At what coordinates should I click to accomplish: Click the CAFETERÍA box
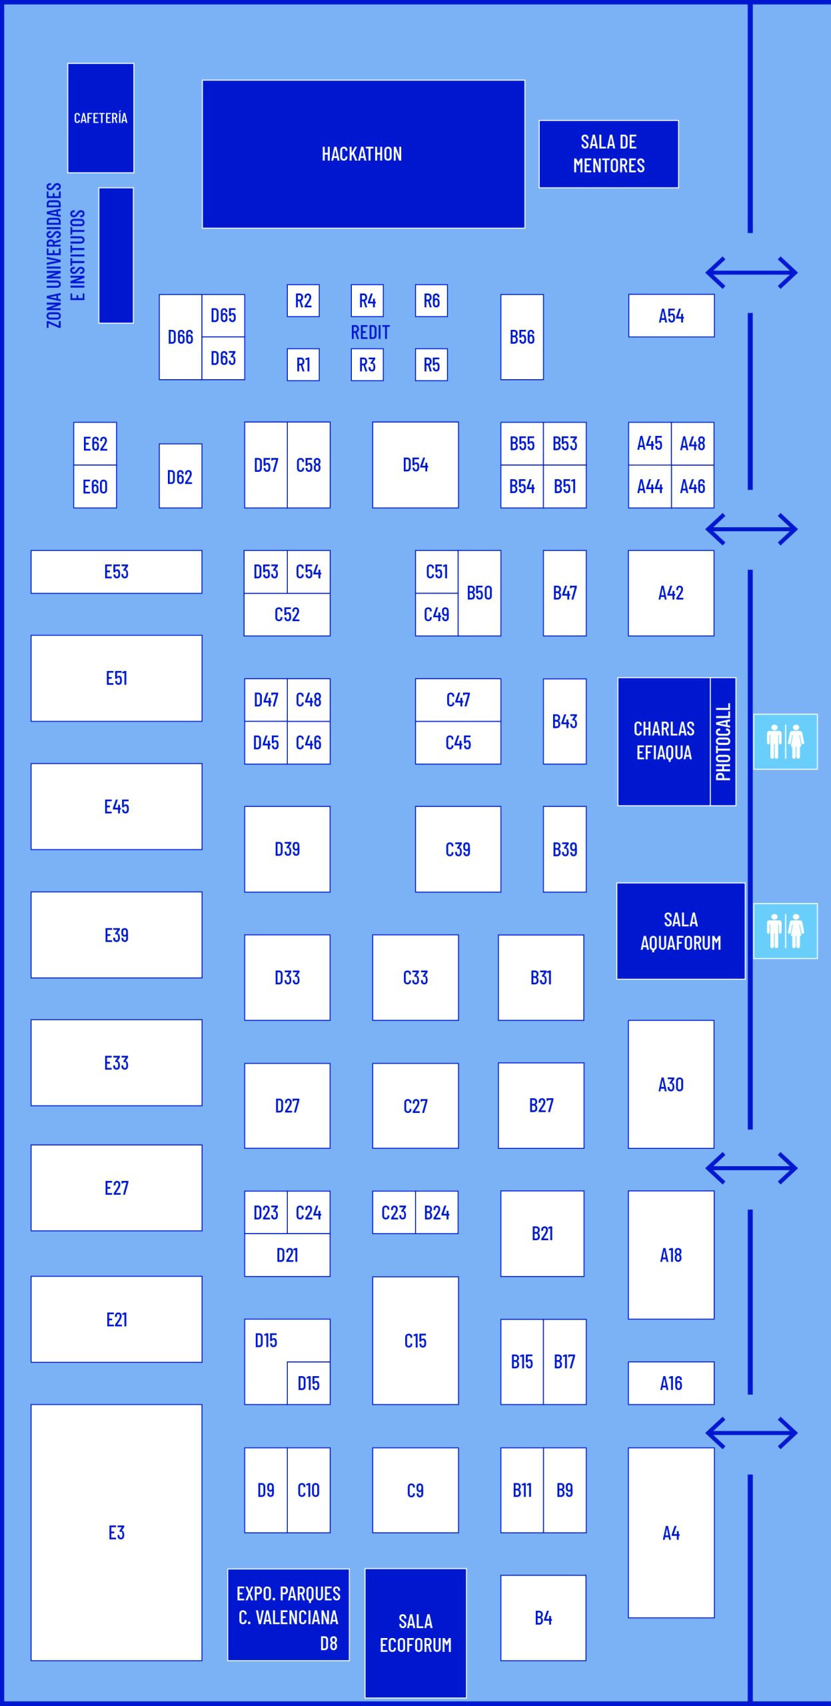click(x=101, y=118)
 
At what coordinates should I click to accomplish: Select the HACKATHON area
click(x=363, y=154)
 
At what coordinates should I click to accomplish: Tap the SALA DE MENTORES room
click(x=608, y=154)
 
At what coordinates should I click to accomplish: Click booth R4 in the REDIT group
click(x=367, y=301)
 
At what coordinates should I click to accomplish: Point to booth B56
click(x=522, y=337)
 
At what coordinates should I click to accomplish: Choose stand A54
click(x=671, y=316)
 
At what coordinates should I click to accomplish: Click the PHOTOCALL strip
click(x=723, y=742)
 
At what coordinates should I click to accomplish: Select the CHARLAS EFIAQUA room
click(x=664, y=741)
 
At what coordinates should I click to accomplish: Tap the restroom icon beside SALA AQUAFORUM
click(x=785, y=931)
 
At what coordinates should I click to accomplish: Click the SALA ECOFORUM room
click(x=415, y=1633)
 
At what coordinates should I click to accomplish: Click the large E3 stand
click(x=117, y=1533)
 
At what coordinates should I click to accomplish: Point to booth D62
click(x=180, y=476)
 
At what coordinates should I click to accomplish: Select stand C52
click(x=287, y=614)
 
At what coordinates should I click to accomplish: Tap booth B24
click(x=436, y=1212)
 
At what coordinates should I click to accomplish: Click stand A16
click(x=671, y=1383)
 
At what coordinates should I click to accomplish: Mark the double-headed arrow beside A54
click(x=751, y=273)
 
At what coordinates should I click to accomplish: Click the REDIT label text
click(x=370, y=333)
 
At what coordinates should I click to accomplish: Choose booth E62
click(x=95, y=444)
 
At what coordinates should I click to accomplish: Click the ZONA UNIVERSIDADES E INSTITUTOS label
click(x=65, y=255)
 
